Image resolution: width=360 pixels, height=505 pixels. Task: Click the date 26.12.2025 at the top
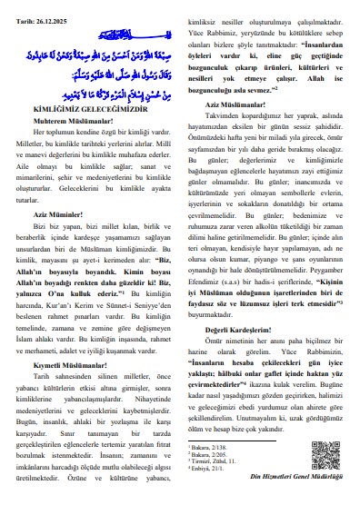point(50,7)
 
